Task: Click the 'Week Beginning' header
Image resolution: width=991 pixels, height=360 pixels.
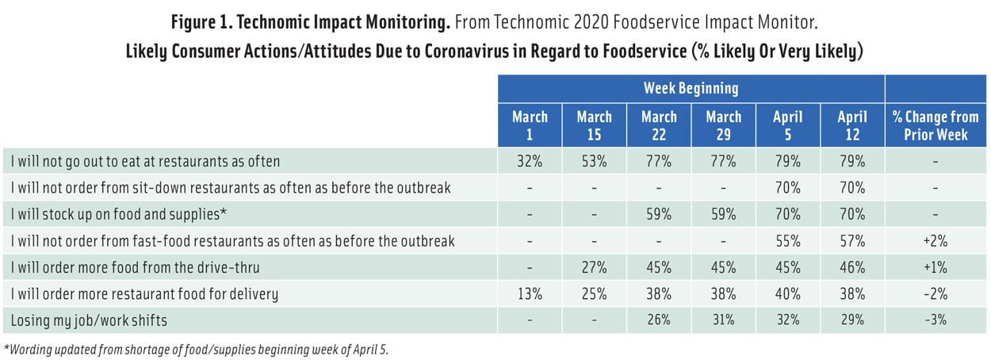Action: (691, 87)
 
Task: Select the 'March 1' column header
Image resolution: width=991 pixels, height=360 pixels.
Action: (530, 125)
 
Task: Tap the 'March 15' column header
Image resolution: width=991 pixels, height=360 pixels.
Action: (594, 125)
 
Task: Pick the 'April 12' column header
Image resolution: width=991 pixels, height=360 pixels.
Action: (852, 125)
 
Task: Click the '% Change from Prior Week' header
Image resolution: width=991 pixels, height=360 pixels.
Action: (936, 125)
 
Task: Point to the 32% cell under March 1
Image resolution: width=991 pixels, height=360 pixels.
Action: (530, 162)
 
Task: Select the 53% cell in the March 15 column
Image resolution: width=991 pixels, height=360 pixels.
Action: (594, 162)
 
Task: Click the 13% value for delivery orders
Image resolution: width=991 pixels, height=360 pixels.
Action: (530, 294)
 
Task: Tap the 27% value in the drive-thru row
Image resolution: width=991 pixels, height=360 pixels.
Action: (594, 268)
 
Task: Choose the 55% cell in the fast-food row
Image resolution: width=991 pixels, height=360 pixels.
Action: (788, 241)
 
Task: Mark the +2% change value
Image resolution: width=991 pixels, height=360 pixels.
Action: (936, 241)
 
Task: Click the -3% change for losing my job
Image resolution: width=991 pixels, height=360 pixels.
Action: (936, 321)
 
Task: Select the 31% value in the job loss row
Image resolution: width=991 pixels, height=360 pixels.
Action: (723, 321)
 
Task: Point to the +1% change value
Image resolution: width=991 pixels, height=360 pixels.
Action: (936, 268)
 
